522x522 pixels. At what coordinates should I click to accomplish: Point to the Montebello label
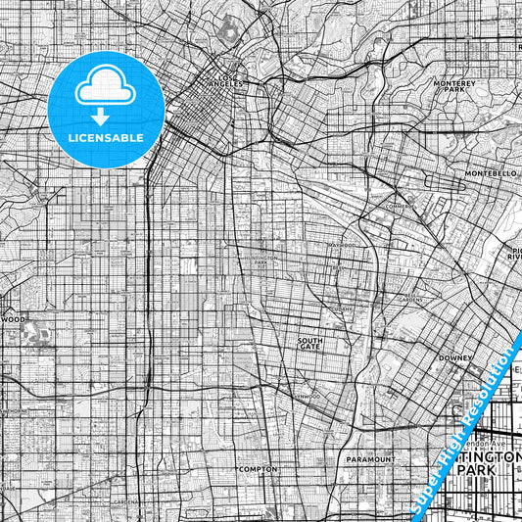point(491,172)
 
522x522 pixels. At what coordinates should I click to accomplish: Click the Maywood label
point(342,245)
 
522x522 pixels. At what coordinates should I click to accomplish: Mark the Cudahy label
point(340,308)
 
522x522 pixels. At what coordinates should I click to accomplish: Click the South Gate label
point(310,343)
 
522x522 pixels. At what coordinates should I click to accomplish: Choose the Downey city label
point(456,358)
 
